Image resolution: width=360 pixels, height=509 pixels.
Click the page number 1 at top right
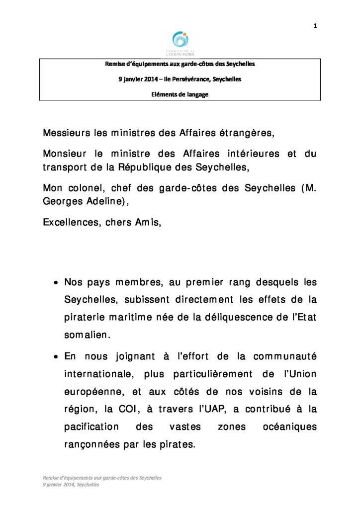click(316, 26)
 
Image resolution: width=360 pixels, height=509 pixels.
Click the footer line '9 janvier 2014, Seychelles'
click(71, 485)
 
